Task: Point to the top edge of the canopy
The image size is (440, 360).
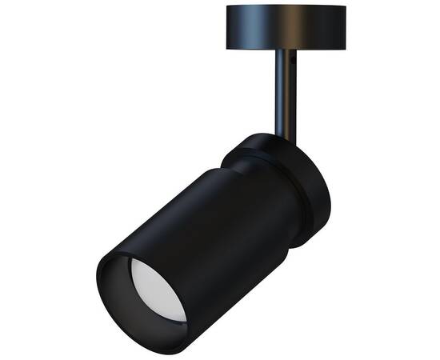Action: coord(286,6)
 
